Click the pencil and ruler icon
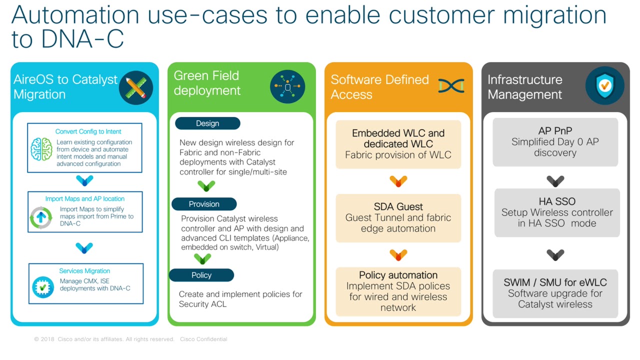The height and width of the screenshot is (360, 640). [x=136, y=87]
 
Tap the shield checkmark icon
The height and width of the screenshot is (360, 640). [x=604, y=85]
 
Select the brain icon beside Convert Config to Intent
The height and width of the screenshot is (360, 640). [x=41, y=149]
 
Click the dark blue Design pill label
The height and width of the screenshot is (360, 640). [x=207, y=123]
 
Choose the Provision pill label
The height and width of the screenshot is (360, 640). [x=204, y=204]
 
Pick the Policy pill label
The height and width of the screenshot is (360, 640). [x=201, y=275]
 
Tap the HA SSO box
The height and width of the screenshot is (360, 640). [x=557, y=212]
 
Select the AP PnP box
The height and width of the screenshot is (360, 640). [x=555, y=142]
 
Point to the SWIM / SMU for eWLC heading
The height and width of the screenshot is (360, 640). [x=555, y=282]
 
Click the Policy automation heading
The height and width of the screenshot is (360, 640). [x=398, y=275]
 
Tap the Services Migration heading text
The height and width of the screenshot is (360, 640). [x=84, y=271]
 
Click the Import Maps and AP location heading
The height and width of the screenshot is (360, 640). [x=85, y=198]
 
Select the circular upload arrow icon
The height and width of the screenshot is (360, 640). [x=41, y=217]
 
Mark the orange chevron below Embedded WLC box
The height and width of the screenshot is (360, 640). [x=398, y=181]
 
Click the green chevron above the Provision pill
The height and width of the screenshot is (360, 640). [x=206, y=186]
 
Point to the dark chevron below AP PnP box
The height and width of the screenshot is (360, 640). [x=555, y=181]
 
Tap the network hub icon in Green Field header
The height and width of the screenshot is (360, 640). [x=287, y=86]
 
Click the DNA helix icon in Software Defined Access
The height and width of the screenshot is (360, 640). [x=451, y=85]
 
